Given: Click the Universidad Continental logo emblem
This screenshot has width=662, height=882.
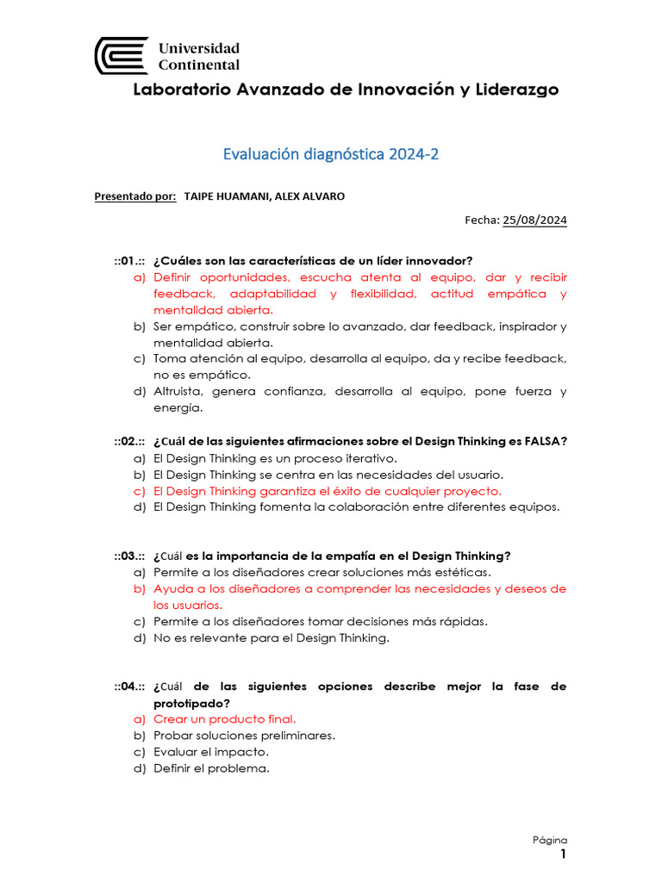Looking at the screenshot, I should [122, 55].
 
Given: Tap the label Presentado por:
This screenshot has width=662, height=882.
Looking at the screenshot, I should [134, 196].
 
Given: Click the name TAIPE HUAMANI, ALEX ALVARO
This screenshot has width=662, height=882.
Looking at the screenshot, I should [265, 196].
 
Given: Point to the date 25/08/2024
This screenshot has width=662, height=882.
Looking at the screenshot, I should [534, 220].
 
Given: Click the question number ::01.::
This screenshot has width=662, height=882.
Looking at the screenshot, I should [129, 261].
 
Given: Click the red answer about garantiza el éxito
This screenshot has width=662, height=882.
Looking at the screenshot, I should [327, 491].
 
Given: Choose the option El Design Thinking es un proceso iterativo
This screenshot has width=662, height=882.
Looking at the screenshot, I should [275, 458].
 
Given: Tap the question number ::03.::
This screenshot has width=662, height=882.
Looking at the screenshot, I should [129, 556].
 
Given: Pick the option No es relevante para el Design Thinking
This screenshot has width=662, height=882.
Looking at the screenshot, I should [272, 638].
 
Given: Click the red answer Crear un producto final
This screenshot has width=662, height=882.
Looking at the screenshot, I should [224, 719].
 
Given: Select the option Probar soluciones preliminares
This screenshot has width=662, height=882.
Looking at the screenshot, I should [244, 736].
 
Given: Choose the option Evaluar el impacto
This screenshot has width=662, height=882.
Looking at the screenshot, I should [210, 752].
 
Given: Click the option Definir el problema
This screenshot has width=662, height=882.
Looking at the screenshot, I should [211, 768].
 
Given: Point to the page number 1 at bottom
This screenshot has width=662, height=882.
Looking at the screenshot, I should [563, 854].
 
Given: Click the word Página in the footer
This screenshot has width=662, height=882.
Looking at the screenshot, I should [549, 840].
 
